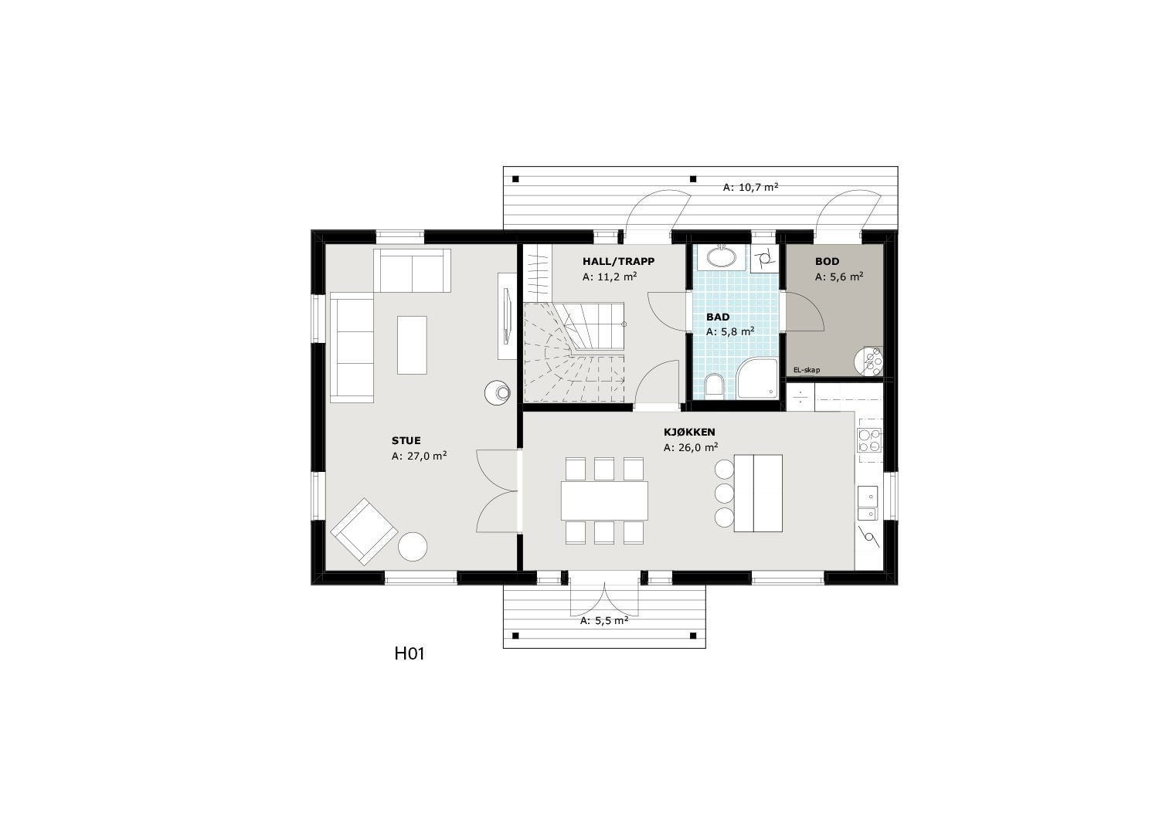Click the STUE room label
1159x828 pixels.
406,441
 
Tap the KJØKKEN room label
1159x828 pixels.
689,433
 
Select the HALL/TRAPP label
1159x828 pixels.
618,262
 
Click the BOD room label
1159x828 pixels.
827,262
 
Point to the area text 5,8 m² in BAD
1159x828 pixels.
730,331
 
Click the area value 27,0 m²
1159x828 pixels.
420,456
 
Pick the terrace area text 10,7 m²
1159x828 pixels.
750,187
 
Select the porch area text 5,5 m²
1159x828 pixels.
604,620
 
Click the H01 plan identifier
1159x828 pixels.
410,654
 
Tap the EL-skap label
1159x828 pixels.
807,371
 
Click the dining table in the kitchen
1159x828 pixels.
604,501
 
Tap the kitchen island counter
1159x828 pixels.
757,493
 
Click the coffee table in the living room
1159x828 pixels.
412,344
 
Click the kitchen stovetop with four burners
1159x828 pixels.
868,439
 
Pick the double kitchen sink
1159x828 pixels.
867,503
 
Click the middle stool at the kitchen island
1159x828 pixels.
724,493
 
